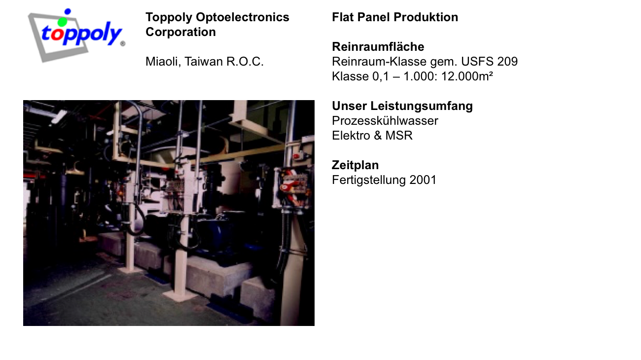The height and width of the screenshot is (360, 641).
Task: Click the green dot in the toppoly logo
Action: (62, 22)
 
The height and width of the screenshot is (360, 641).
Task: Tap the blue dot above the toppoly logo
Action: (68, 11)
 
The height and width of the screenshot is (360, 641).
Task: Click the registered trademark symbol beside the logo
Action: (123, 43)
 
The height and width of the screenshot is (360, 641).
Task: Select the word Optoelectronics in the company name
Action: (243, 17)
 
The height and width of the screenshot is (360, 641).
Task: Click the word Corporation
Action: (180, 32)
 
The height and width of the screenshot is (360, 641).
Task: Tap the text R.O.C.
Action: (245, 62)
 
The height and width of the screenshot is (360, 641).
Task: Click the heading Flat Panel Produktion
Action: (395, 17)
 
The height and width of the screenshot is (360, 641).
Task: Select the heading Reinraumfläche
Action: (378, 47)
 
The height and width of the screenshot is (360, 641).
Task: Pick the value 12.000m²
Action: (467, 76)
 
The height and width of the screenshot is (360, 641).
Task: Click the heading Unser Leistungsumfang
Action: (402, 106)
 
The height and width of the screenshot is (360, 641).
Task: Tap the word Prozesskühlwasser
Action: (385, 121)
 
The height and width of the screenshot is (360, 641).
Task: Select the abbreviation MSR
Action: (399, 136)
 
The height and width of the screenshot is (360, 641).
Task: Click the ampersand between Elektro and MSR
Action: (378, 136)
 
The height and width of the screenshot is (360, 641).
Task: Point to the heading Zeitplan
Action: (355, 165)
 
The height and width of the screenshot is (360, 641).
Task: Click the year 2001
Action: (423, 180)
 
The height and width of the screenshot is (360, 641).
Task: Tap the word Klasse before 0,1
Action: (350, 76)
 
